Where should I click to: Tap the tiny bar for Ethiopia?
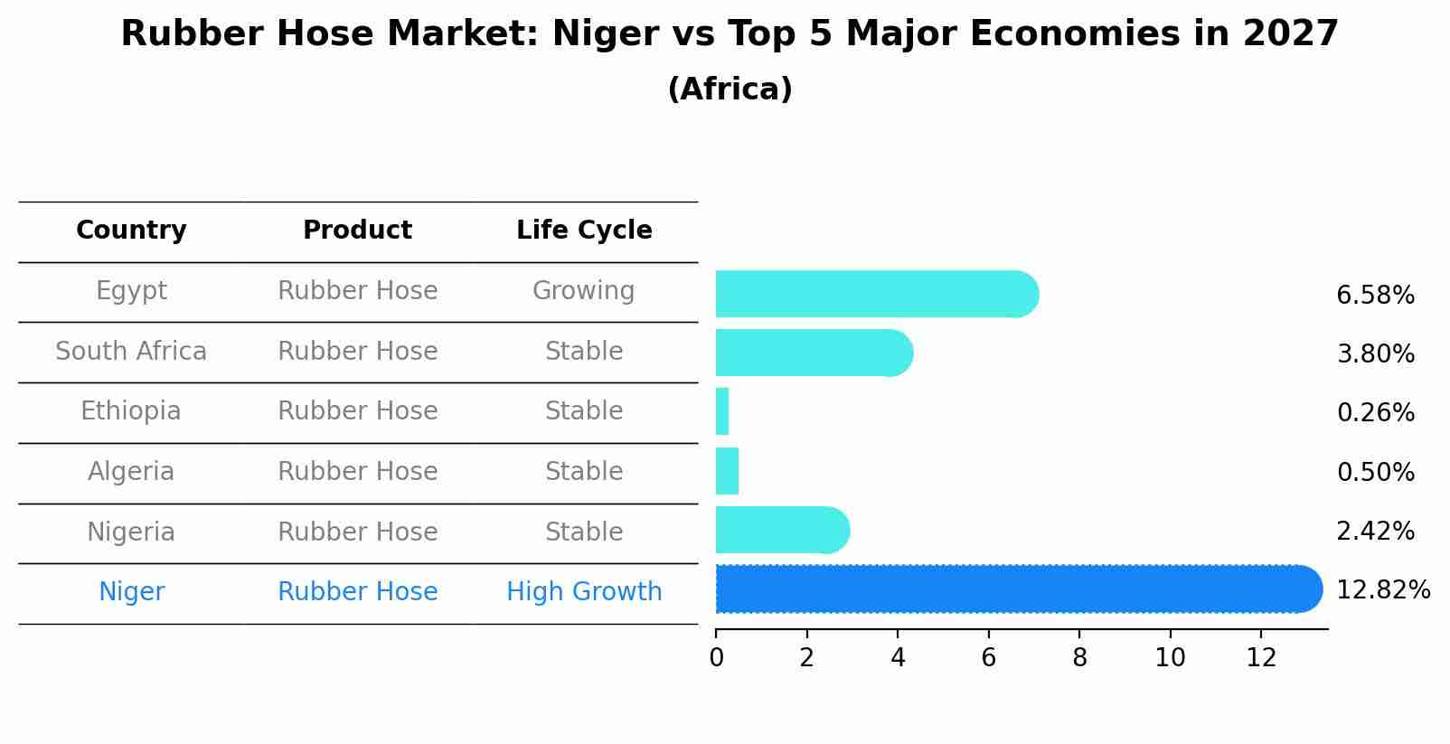click(722, 411)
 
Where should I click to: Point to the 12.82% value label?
click(1382, 590)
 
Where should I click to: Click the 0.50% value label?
click(1375, 472)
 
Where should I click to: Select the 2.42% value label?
click(1375, 531)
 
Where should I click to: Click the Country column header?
click(131, 231)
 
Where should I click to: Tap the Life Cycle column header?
click(584, 231)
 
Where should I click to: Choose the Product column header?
click(357, 231)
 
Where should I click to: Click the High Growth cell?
click(584, 592)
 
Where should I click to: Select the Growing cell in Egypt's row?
click(584, 291)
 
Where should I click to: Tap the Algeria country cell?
click(131, 472)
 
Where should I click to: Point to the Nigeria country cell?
click(131, 532)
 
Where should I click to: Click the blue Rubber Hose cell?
click(357, 592)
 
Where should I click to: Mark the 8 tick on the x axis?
click(1079, 657)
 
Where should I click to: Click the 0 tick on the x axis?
click(716, 657)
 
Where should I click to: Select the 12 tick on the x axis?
click(1261, 657)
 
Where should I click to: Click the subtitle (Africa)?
click(730, 89)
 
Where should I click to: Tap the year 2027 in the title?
click(1290, 34)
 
